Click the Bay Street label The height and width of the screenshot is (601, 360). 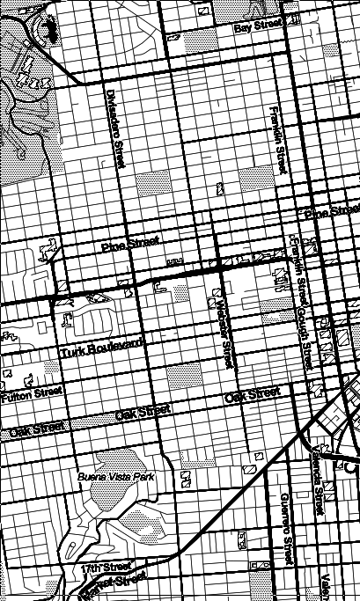[258, 28]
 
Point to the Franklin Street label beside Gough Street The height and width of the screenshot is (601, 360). [294, 263]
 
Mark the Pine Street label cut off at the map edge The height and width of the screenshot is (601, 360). [331, 213]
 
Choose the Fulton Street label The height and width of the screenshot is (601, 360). [32, 395]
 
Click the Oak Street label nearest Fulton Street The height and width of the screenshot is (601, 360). [36, 430]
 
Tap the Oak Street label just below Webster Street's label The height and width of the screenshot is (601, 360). [252, 397]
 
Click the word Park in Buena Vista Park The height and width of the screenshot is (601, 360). [143, 476]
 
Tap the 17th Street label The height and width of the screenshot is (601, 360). [106, 567]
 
